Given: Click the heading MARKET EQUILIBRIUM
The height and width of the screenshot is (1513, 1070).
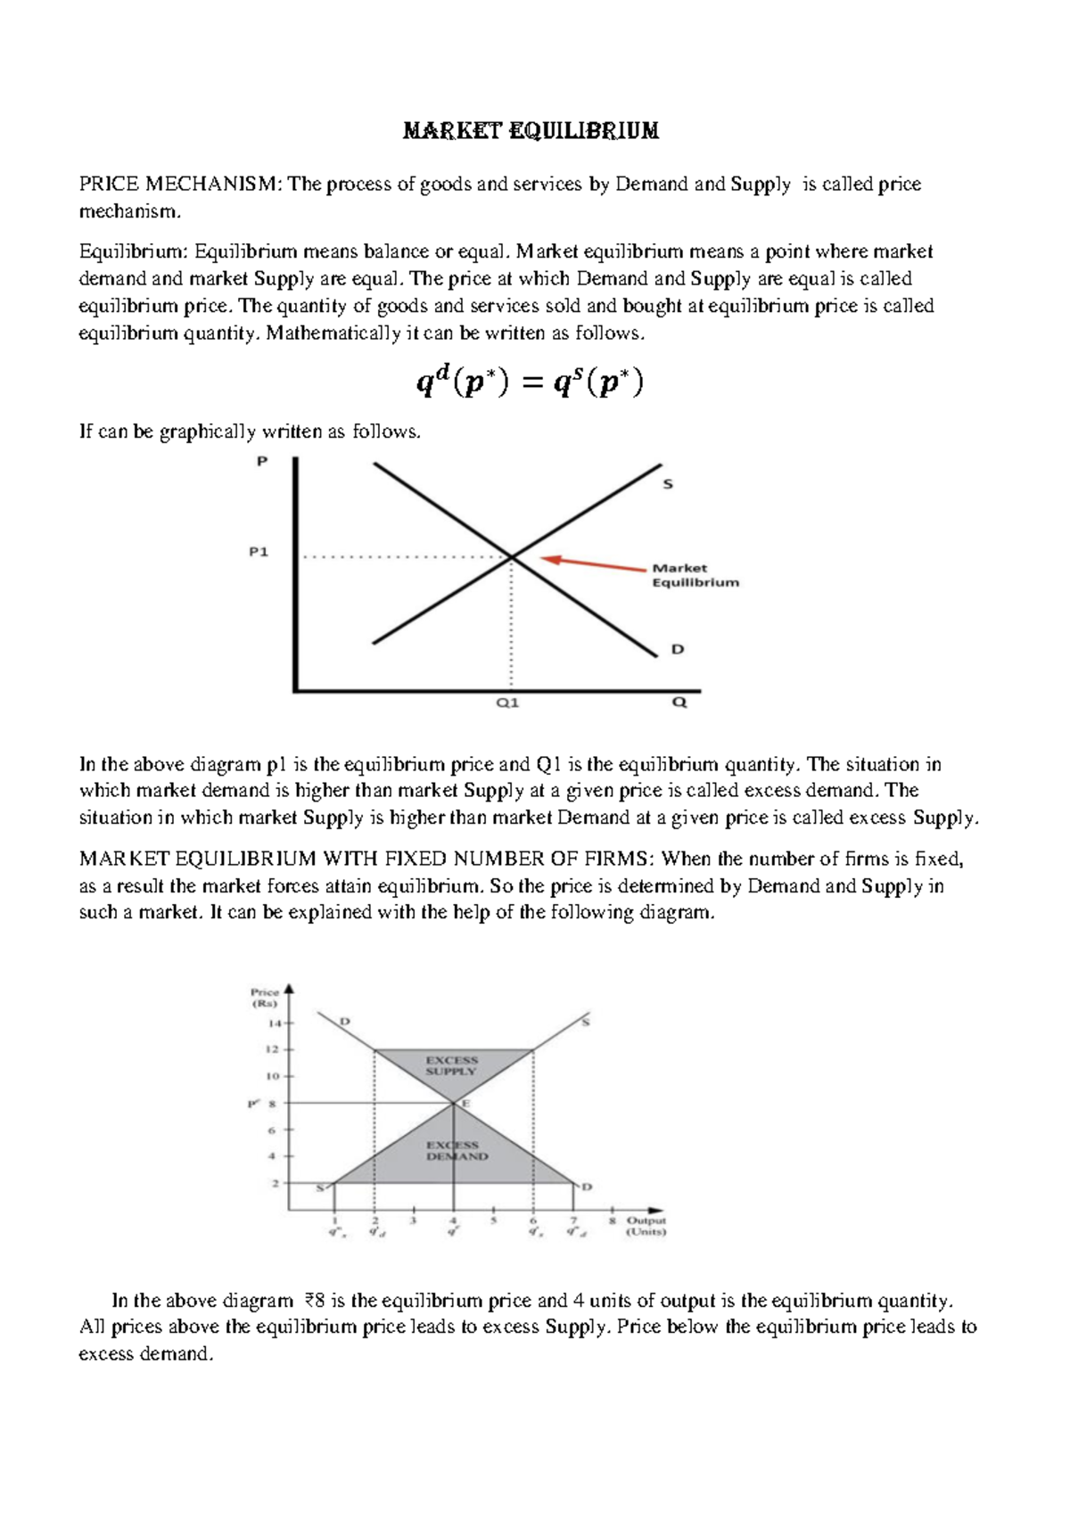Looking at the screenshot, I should (x=531, y=131).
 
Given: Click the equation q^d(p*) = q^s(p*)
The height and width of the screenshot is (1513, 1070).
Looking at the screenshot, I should (x=530, y=383).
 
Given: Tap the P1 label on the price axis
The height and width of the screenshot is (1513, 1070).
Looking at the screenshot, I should (x=258, y=552).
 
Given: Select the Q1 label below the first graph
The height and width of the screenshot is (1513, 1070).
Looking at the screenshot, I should (x=507, y=703).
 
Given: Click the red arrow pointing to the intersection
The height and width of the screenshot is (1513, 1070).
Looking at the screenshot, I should (x=593, y=563).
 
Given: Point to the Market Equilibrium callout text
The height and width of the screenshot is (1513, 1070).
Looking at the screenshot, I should (x=695, y=575).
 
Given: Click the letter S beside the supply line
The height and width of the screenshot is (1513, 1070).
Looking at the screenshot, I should (x=668, y=484).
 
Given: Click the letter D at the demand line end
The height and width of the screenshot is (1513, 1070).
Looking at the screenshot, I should (x=678, y=650).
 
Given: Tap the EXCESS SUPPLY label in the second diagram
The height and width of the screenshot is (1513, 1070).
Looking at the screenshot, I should (x=451, y=1065).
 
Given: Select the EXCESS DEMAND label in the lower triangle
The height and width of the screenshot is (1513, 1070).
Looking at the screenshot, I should (x=457, y=1150).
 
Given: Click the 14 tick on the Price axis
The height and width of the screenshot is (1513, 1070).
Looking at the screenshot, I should (x=275, y=1024).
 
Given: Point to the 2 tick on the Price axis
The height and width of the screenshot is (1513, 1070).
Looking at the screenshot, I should (x=276, y=1183).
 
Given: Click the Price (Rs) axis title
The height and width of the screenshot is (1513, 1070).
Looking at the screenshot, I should (x=265, y=997).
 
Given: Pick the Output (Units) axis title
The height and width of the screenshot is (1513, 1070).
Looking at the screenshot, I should (x=646, y=1226).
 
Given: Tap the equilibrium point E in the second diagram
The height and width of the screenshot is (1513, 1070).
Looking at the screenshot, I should (x=465, y=1103).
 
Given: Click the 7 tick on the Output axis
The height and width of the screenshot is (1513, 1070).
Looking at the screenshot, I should (x=573, y=1220).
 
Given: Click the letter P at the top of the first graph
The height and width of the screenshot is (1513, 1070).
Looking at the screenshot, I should (x=262, y=462).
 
